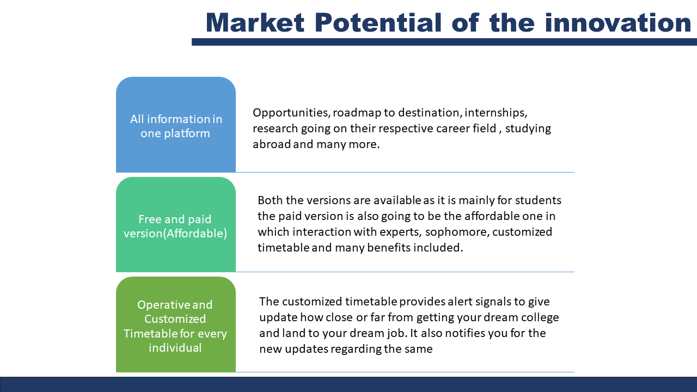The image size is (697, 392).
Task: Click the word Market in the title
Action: point(255,22)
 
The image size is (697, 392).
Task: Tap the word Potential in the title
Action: point(378,22)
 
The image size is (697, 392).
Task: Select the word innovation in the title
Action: point(618,22)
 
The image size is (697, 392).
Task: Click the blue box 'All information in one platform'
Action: point(176,125)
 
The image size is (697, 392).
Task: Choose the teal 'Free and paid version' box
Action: point(176,224)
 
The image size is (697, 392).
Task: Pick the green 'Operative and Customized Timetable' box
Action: point(176,324)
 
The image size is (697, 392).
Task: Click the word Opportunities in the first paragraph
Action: point(291,113)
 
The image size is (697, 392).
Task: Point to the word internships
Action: point(496,112)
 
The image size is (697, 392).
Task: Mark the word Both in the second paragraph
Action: point(270,200)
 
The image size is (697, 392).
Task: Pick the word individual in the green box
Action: point(175,347)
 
